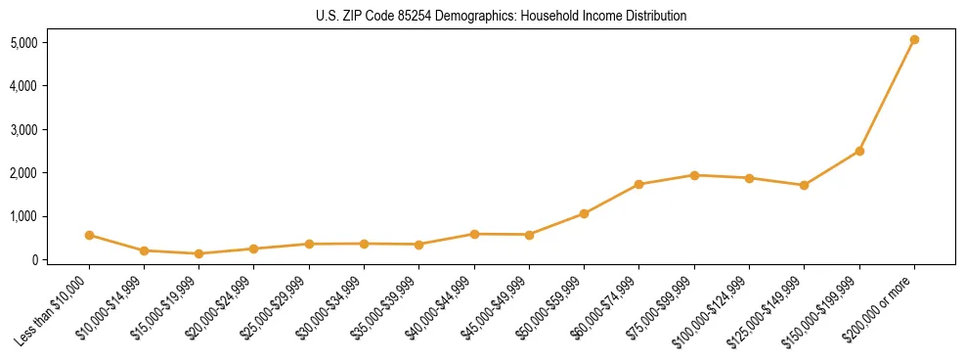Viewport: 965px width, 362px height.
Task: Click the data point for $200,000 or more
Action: click(x=914, y=40)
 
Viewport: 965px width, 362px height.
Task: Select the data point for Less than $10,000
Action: click(x=89, y=235)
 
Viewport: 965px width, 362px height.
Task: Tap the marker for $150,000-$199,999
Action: click(x=859, y=151)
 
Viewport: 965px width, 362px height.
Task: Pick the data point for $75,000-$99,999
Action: click(x=694, y=175)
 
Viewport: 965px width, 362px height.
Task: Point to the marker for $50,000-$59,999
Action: click(x=584, y=213)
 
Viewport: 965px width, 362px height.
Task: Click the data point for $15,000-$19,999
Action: click(x=199, y=253)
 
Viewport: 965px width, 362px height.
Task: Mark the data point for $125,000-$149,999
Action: click(x=804, y=185)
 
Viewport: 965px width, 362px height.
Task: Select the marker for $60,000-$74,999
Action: click(x=639, y=184)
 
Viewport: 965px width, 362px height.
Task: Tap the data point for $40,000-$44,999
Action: click(x=474, y=234)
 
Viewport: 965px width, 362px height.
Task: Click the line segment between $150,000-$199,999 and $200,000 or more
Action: click(x=887, y=96)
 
